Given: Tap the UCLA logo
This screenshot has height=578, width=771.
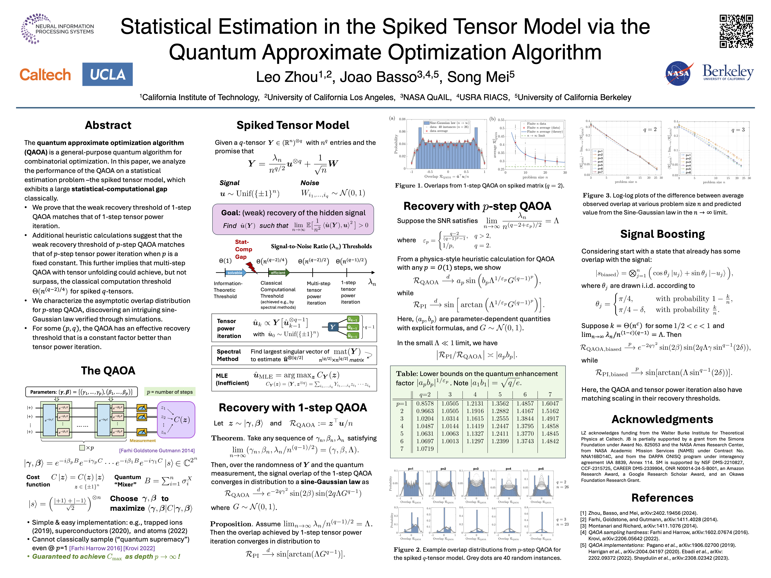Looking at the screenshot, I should (107, 74).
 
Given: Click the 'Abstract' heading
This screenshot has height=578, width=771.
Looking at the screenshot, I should (108, 125).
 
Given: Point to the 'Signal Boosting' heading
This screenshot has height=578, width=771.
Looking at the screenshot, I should (662, 234).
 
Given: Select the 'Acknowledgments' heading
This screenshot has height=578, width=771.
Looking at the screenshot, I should (662, 419).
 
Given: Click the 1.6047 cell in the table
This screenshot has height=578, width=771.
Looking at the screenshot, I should (550, 403).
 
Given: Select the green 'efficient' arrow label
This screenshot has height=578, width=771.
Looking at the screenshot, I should (278, 273).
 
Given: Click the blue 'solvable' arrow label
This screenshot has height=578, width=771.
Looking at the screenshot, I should (235, 273).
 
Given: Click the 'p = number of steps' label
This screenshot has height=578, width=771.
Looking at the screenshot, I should (170, 392).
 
